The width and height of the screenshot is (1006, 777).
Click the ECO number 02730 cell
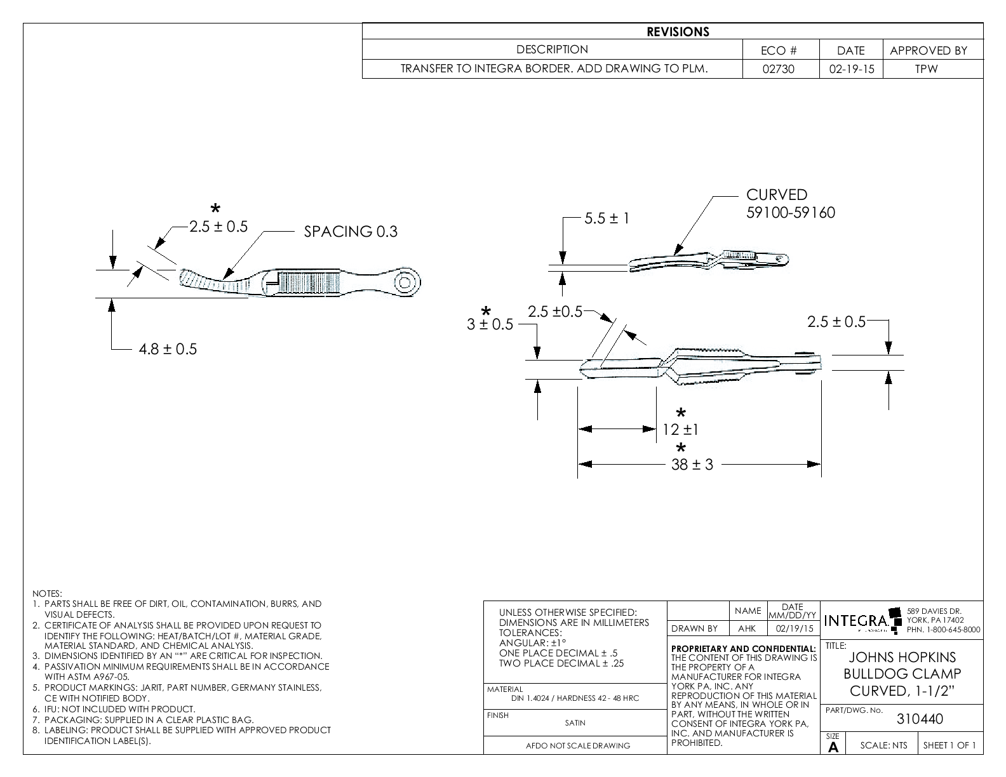pos(781,69)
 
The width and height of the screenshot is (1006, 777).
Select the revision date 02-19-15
pos(851,69)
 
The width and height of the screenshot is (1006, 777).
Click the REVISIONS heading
pos(678,32)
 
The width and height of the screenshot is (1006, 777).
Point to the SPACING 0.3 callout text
pos(351,232)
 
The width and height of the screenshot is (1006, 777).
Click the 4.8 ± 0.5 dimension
pos(168,349)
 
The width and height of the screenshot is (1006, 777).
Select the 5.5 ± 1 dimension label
pos(607,219)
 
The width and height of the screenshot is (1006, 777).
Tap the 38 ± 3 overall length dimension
pos(692,465)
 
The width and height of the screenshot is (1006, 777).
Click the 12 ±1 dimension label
pos(680,430)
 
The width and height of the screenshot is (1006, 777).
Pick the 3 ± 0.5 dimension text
pos(490,324)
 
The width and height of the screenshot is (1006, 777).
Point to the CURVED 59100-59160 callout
pos(790,204)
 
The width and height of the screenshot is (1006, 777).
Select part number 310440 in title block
pos(919,719)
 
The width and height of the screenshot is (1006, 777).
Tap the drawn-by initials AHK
pos(748,628)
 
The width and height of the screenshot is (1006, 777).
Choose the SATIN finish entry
pos(575,722)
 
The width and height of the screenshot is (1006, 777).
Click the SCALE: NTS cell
pos(883,745)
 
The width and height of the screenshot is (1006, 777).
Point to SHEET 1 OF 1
pos(949,745)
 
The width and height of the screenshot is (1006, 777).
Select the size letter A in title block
pos(833,748)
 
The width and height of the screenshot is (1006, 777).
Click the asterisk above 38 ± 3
pos(681,448)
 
